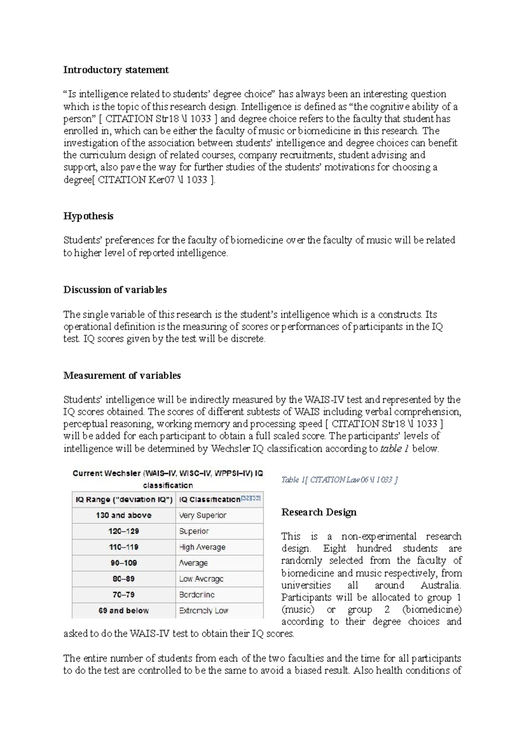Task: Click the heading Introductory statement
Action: point(116,70)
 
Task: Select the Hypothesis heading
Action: point(88,216)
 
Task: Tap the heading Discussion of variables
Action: point(115,290)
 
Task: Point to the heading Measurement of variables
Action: point(122,375)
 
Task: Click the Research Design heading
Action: point(318,512)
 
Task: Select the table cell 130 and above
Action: point(124,515)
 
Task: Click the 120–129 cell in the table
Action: point(124,531)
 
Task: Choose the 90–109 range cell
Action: point(124,563)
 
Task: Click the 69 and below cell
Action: point(124,610)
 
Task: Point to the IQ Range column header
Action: point(124,499)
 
